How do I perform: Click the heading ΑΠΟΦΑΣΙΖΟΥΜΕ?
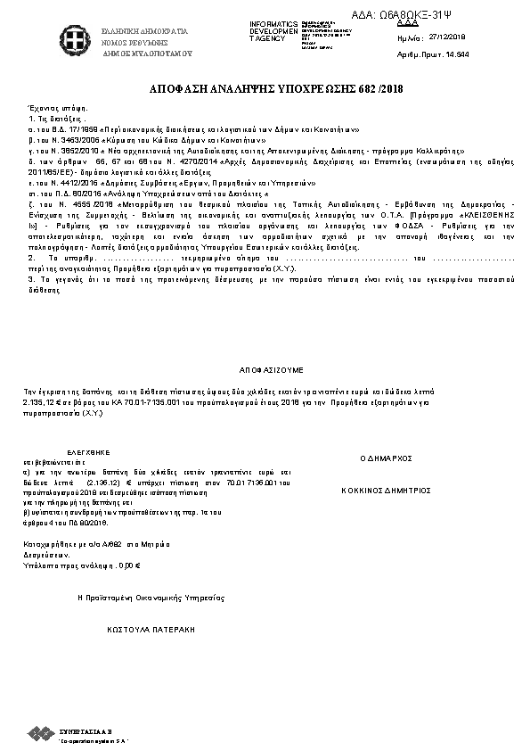pyautogui.click(x=272, y=367)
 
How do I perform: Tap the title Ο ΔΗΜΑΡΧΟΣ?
pyautogui.click(x=386, y=458)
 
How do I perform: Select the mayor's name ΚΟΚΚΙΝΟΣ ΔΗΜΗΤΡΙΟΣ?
pyautogui.click(x=386, y=490)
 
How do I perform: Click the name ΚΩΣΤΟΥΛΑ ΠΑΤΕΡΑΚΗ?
pyautogui.click(x=151, y=628)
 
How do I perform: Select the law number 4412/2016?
pyautogui.click(x=77, y=181)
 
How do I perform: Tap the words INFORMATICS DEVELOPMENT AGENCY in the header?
pyautogui.click(x=273, y=30)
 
